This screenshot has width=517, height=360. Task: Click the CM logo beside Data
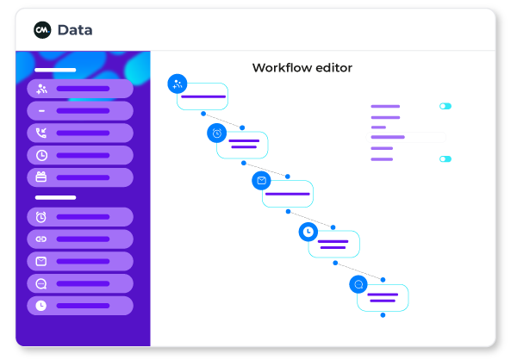coord(42,30)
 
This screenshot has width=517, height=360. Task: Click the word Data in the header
coord(75,30)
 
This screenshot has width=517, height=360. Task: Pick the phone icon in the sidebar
coord(41,133)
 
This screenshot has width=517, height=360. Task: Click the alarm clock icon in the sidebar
coord(41,217)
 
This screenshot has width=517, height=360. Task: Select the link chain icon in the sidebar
coord(41,239)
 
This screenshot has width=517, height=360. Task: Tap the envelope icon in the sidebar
coord(41,261)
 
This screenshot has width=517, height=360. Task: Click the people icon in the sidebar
coord(41,89)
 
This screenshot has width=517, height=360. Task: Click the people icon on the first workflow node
coord(178,84)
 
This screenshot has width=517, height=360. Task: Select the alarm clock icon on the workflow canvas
coord(217,133)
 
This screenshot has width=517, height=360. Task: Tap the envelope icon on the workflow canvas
coord(261,181)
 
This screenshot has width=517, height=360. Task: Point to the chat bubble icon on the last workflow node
coord(358,284)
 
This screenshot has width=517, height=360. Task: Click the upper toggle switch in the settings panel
coord(445,107)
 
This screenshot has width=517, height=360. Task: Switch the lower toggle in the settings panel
coord(445,159)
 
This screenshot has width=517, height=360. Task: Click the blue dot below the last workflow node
coord(383,315)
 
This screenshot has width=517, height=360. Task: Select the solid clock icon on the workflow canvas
coord(308,232)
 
